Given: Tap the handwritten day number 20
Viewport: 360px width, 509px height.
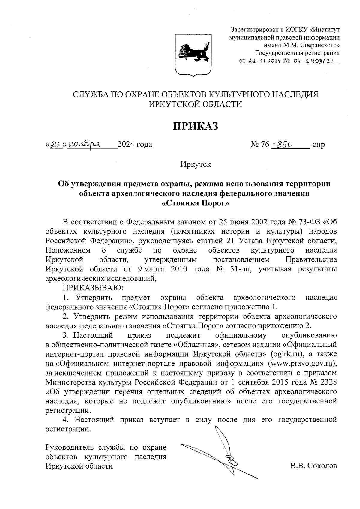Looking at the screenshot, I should point(54,145).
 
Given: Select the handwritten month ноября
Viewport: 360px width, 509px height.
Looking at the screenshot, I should point(85,145).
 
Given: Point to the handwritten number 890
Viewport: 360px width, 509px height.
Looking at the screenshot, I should point(285,145).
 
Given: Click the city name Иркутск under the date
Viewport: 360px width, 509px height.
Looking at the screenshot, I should point(196,165).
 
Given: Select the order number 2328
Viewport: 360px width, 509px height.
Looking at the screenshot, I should point(326,382).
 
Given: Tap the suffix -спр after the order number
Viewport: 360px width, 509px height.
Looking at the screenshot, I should point(318,145).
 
